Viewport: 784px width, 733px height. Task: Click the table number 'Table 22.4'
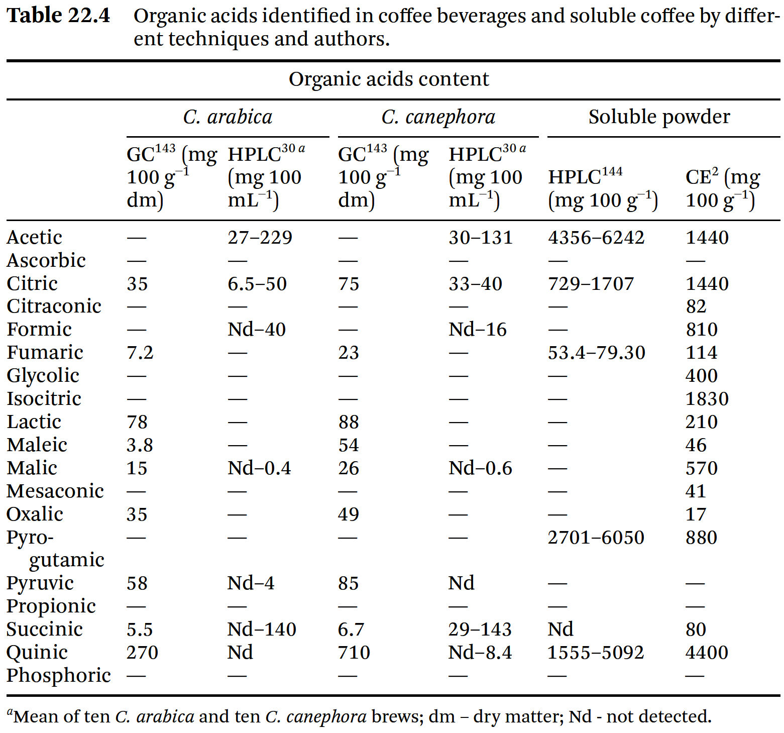click(58, 16)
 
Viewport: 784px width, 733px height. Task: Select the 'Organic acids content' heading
click(389, 79)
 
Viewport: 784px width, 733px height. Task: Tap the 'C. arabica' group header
click(228, 117)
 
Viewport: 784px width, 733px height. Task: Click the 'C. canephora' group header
click(438, 117)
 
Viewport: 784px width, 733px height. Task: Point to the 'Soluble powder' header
click(659, 117)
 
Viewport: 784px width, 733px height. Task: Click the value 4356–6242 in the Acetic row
click(596, 237)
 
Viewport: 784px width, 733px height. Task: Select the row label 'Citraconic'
click(54, 306)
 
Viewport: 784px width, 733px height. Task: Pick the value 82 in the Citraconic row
click(696, 306)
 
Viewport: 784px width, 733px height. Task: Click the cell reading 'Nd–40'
click(257, 330)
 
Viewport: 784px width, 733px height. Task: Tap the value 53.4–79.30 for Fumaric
click(596, 353)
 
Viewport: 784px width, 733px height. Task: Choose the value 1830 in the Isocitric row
click(707, 399)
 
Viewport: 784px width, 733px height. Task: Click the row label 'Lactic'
click(34, 422)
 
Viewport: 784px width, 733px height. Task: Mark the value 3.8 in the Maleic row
click(140, 445)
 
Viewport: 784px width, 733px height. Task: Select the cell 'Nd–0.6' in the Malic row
click(480, 468)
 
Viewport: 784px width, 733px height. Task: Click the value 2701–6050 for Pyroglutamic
click(596, 538)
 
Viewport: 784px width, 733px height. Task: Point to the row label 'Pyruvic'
click(40, 583)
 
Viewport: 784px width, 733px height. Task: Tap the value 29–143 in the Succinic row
click(480, 630)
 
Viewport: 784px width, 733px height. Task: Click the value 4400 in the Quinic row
click(707, 653)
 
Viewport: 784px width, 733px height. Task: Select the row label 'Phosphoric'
click(59, 676)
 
